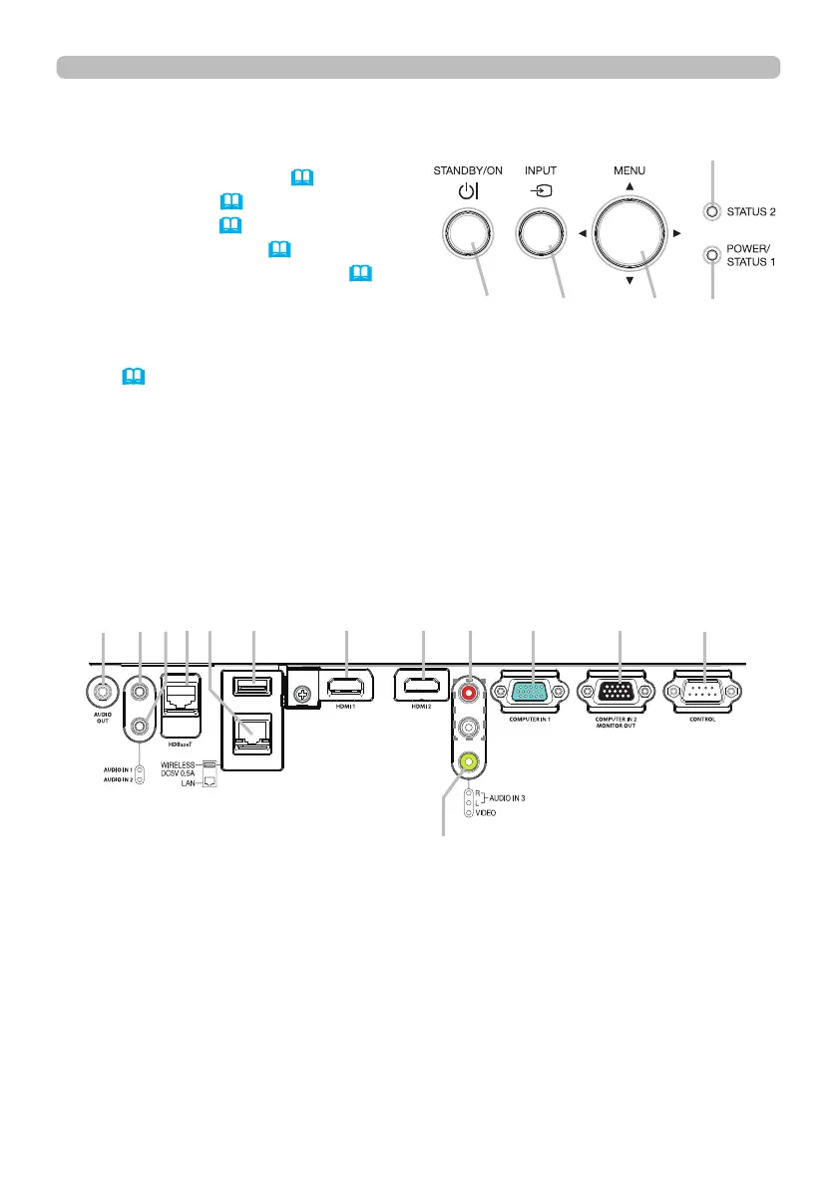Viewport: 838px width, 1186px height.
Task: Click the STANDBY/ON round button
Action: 467,235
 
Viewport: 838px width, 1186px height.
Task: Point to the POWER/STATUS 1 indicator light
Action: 710,255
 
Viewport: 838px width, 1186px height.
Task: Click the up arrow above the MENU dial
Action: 628,187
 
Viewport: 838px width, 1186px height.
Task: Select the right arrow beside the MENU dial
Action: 676,234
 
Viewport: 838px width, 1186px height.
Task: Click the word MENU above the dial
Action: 628,170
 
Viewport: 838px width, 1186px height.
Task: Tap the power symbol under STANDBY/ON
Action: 467,191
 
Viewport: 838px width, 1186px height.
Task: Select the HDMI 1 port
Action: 345,689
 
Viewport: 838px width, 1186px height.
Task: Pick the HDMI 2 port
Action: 424,686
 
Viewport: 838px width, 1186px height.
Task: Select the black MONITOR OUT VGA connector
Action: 620,691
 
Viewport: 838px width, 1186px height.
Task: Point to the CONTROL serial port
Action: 705,691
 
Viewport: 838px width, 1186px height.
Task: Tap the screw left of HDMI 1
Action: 298,689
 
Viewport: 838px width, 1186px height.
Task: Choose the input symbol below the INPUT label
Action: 540,191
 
